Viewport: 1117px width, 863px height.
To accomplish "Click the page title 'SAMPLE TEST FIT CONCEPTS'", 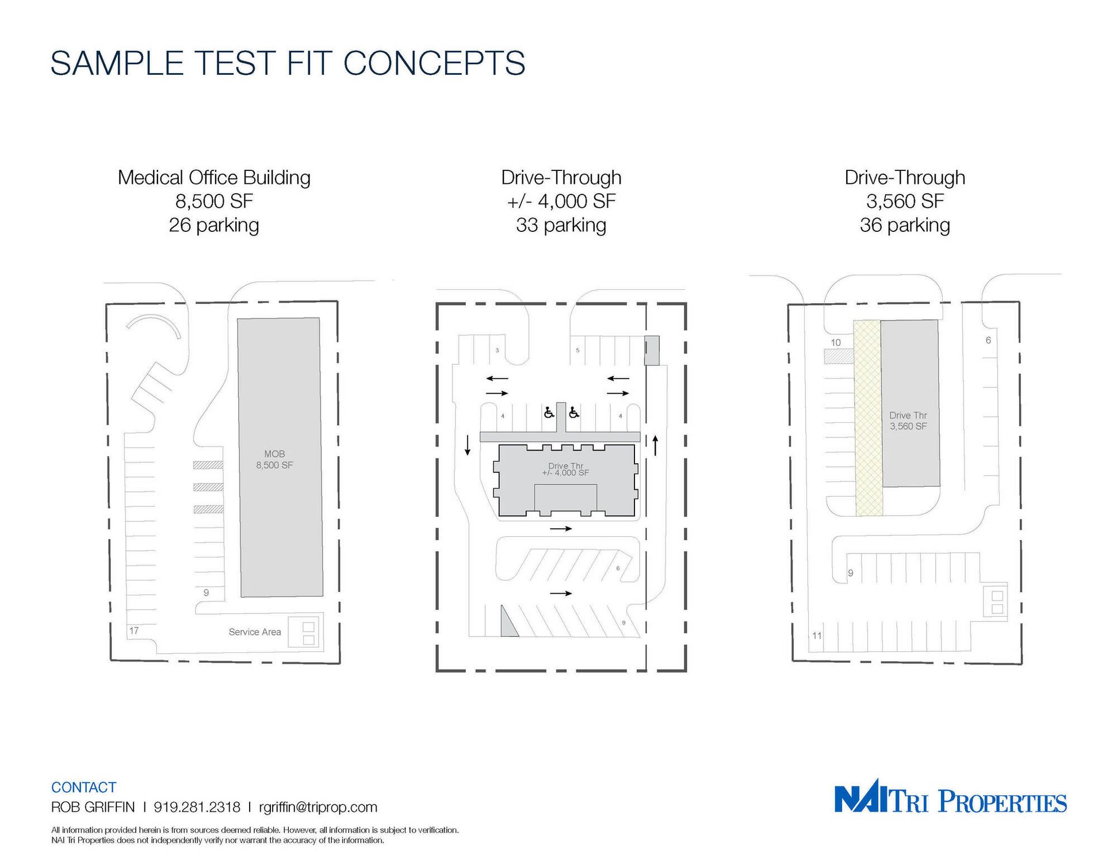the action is pos(288,63).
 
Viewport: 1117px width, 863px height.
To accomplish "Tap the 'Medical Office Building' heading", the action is pos(214,177).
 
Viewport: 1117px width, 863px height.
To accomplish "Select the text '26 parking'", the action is pos(214,225).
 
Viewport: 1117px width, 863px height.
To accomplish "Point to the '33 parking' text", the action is pos(561,225).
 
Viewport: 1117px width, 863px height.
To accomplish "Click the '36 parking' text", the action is pos(905,225).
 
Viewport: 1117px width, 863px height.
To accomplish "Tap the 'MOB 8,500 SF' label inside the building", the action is pos(274,460).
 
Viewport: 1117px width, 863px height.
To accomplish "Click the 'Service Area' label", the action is pos(255,632).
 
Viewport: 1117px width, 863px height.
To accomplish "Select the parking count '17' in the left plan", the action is pos(134,631).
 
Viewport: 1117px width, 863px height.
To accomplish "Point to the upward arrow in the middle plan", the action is pos(655,445).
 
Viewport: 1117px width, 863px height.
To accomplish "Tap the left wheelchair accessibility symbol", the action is pos(549,412).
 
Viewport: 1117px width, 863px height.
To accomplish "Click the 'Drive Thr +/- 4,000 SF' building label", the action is pos(565,469).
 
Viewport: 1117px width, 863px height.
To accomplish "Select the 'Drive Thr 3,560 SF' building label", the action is pos(908,421).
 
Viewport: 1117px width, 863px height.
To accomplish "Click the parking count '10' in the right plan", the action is pos(836,342).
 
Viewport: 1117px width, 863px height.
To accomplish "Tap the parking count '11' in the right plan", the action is pos(817,636).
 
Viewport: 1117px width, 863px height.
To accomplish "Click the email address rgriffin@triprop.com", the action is pos(318,807).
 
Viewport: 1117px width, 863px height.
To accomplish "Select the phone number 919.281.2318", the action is pos(197,807).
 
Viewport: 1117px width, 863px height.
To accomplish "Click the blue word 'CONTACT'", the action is pos(83,787).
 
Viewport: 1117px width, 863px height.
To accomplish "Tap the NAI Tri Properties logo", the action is pos(950,796).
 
